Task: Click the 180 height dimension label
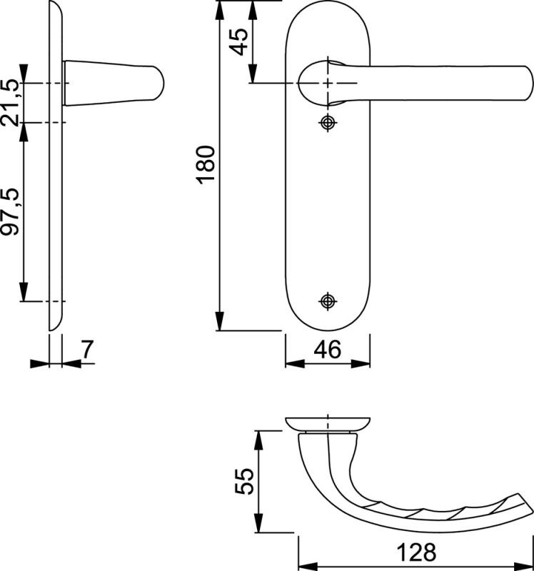click(206, 164)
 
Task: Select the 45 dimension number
click(240, 42)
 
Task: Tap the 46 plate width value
click(328, 350)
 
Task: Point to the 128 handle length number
click(416, 552)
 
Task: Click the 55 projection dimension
click(244, 481)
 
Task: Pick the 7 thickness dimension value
click(87, 349)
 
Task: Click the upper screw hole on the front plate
click(328, 123)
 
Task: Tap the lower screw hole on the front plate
click(328, 300)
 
